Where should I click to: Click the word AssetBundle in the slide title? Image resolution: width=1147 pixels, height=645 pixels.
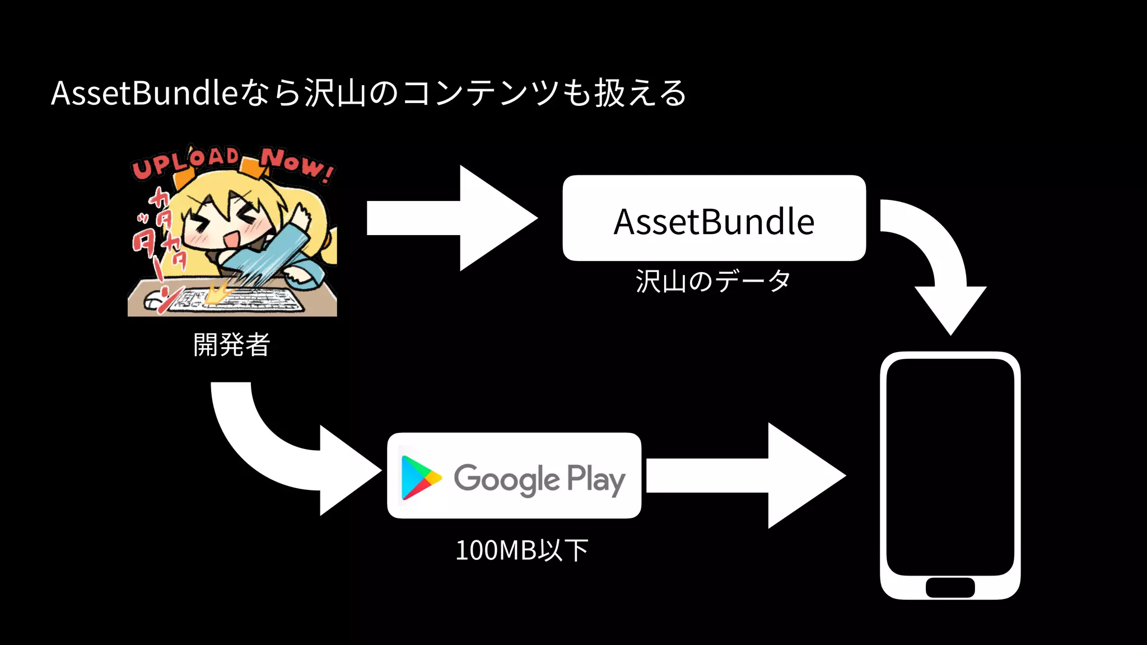[x=144, y=93]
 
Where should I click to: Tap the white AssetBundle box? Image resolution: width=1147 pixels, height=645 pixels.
[x=714, y=218]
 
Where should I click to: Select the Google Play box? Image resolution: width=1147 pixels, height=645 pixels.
[x=514, y=475]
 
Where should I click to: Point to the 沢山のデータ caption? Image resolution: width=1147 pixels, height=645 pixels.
[x=713, y=281]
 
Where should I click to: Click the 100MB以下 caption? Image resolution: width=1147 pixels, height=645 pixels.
[x=521, y=550]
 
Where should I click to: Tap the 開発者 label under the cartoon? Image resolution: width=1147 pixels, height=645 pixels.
[x=231, y=344]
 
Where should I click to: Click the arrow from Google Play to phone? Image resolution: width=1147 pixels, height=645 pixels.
[x=745, y=475]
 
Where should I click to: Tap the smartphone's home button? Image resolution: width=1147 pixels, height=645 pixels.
[x=950, y=587]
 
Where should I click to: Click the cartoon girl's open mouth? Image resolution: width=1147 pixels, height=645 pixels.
[x=231, y=240]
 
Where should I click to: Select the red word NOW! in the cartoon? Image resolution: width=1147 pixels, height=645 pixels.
[x=297, y=165]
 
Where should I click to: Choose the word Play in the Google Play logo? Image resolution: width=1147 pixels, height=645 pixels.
[x=595, y=479]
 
